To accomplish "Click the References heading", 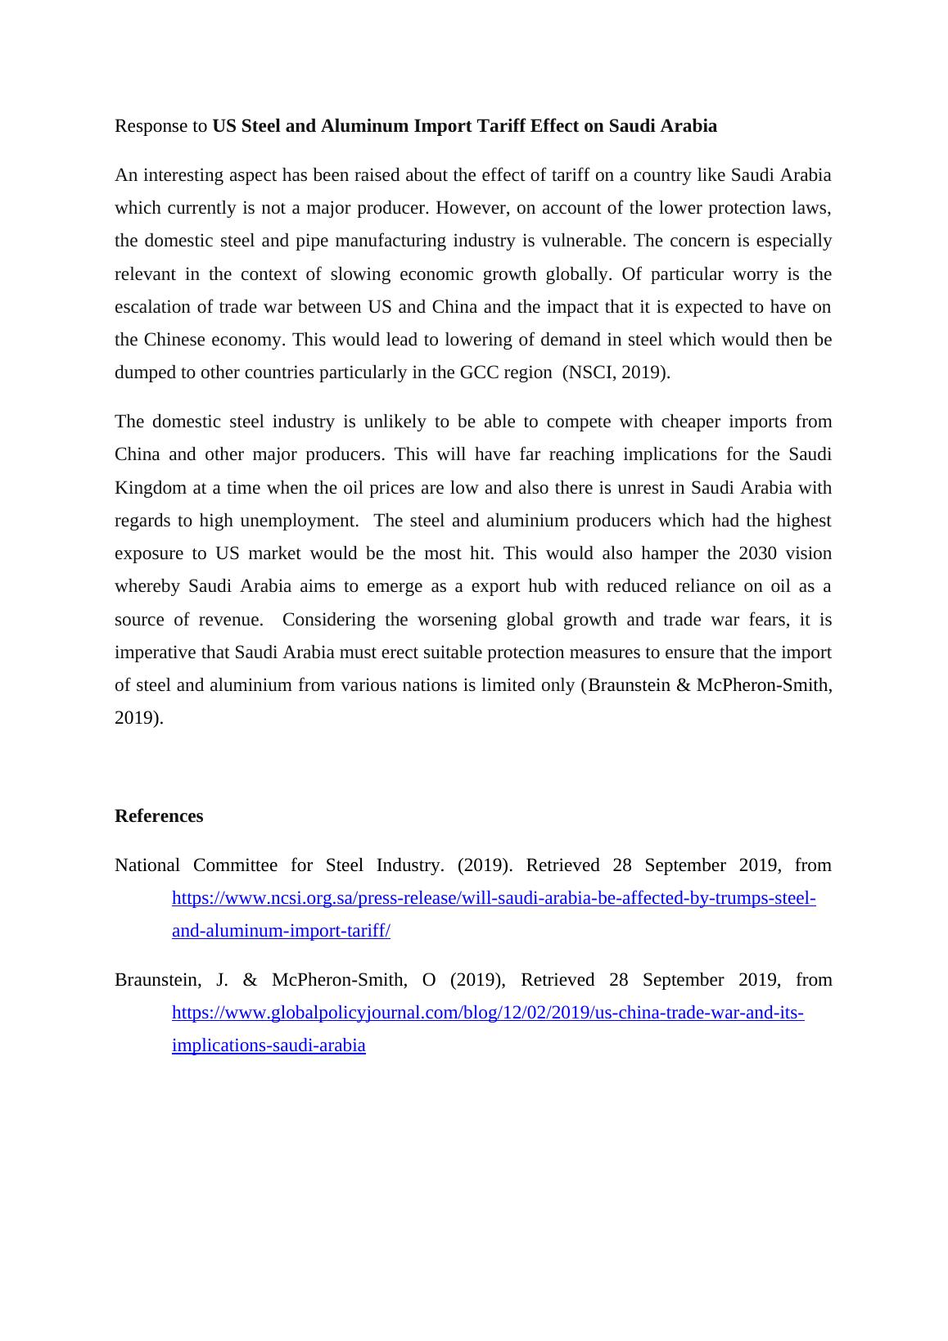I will click(159, 816).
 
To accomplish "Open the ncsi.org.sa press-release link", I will click(494, 898).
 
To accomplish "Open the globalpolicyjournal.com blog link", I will click(488, 1013).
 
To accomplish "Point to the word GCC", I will click(479, 372).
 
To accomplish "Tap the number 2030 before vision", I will click(758, 553).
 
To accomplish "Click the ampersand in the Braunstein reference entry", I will click(251, 980).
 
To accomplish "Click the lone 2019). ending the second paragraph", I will click(139, 718).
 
